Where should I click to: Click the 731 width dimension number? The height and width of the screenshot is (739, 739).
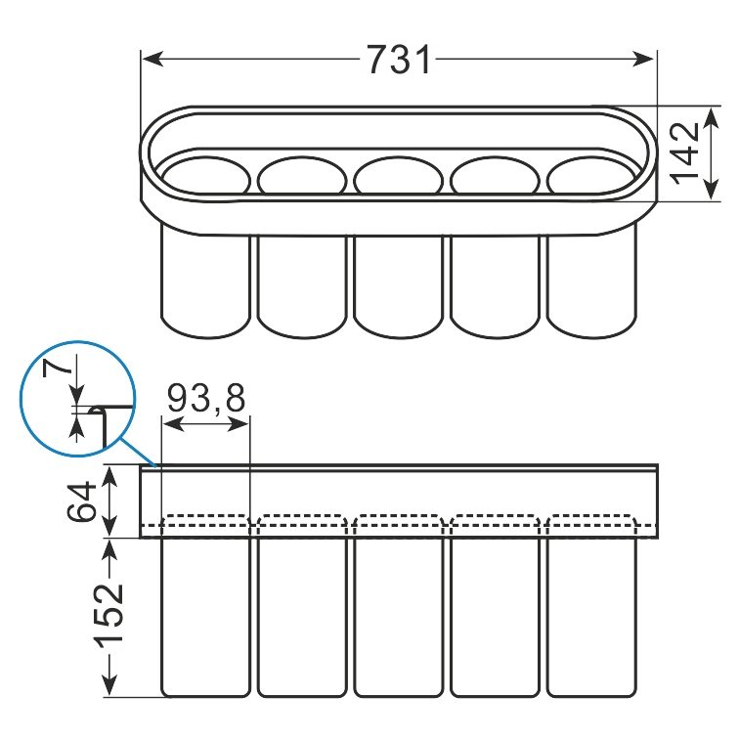399,60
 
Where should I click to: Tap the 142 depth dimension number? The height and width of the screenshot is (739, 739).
684,153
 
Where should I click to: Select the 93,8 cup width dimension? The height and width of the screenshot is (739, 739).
206,398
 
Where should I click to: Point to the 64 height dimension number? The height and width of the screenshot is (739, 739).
81,501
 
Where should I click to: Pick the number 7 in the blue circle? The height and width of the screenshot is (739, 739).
58,368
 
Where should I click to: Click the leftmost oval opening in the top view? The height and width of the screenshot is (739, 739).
205,177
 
